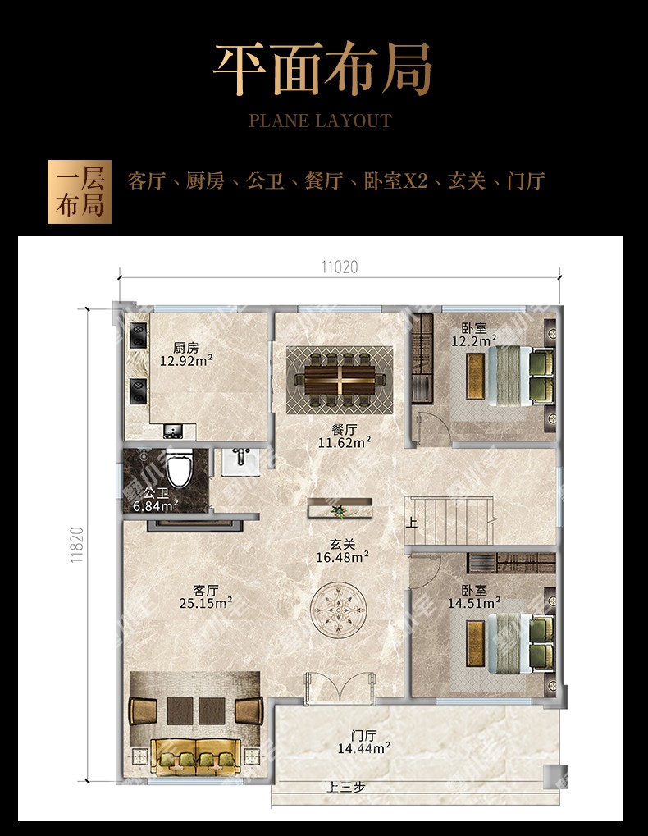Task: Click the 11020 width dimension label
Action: pos(340,267)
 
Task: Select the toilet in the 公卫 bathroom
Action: pos(177,468)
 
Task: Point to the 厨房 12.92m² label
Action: pos(186,354)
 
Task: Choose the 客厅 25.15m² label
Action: pos(205,596)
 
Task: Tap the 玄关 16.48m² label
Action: pos(343,550)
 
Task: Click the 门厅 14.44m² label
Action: pos(364,742)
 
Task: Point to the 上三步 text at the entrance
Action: pos(345,787)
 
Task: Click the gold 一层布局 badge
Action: pos(80,192)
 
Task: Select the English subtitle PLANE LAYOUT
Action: pos(320,121)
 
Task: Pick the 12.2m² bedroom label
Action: pos(474,335)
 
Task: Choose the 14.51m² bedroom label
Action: pos(474,597)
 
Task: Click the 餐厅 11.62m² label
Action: pos(345,436)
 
